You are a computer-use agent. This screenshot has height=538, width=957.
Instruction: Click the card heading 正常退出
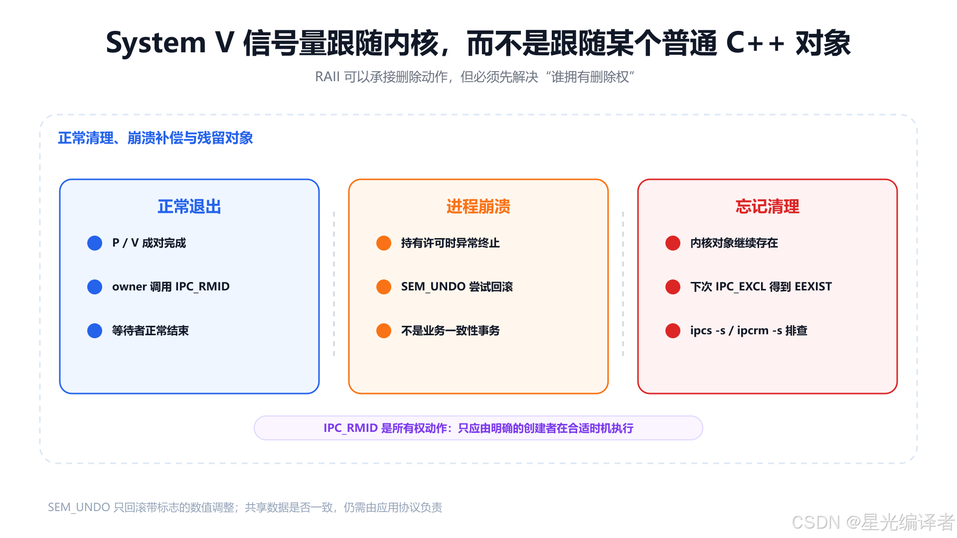189,207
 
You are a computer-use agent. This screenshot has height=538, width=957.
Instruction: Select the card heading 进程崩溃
478,207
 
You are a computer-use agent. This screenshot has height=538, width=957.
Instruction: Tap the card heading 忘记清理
768,207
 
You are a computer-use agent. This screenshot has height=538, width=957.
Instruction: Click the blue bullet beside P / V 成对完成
95,243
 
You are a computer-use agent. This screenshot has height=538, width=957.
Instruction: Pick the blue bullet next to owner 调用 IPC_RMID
95,287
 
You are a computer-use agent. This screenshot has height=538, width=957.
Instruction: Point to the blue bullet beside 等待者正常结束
95,331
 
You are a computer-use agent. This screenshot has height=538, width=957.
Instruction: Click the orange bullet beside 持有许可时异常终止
384,243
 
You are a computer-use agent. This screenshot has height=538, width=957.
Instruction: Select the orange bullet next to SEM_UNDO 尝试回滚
384,287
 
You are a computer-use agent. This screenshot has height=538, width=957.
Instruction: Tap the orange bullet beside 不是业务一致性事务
384,331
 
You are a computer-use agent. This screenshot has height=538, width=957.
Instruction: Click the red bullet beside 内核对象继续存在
673,243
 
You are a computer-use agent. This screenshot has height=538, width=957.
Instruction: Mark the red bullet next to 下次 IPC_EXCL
673,287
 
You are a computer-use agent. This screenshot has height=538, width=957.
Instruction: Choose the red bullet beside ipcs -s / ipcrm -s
673,331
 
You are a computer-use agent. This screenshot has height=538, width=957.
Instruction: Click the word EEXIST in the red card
813,286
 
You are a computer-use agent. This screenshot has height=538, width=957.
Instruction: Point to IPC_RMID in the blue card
202,287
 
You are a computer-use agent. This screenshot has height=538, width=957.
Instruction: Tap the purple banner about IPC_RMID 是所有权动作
478,428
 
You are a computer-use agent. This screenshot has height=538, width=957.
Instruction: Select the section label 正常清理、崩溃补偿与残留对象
156,138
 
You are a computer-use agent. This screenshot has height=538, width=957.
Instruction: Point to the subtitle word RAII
327,77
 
